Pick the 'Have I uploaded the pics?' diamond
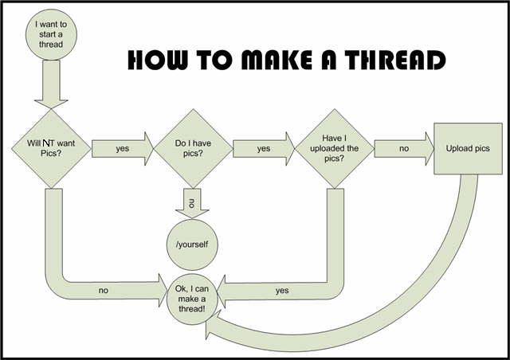pos(334,147)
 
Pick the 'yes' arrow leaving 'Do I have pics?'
pos(263,148)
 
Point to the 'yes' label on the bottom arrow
pos(282,291)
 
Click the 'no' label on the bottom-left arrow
pos(104,291)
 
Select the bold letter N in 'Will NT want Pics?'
pos(47,142)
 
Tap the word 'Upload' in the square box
pos(453,149)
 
